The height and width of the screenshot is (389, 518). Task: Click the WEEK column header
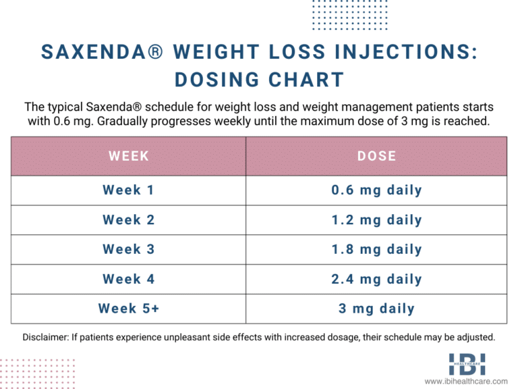pos(128,156)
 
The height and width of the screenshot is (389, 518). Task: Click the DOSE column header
pos(376,156)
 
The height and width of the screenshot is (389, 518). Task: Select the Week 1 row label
pos(128,190)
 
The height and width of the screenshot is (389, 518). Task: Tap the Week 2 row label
pos(128,220)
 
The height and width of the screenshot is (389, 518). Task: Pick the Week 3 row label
pos(128,249)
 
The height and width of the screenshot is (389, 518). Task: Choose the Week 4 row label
pos(128,279)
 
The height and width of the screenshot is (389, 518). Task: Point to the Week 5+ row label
pos(128,309)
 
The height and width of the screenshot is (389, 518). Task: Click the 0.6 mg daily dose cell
pos(376,190)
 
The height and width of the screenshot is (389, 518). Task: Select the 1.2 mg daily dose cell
pos(376,220)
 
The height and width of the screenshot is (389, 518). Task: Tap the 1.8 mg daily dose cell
pos(376,249)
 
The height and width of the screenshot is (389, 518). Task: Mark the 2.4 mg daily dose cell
pos(376,279)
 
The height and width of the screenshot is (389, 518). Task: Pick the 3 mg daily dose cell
pos(376,309)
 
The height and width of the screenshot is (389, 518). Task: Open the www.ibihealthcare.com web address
pos(466,382)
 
